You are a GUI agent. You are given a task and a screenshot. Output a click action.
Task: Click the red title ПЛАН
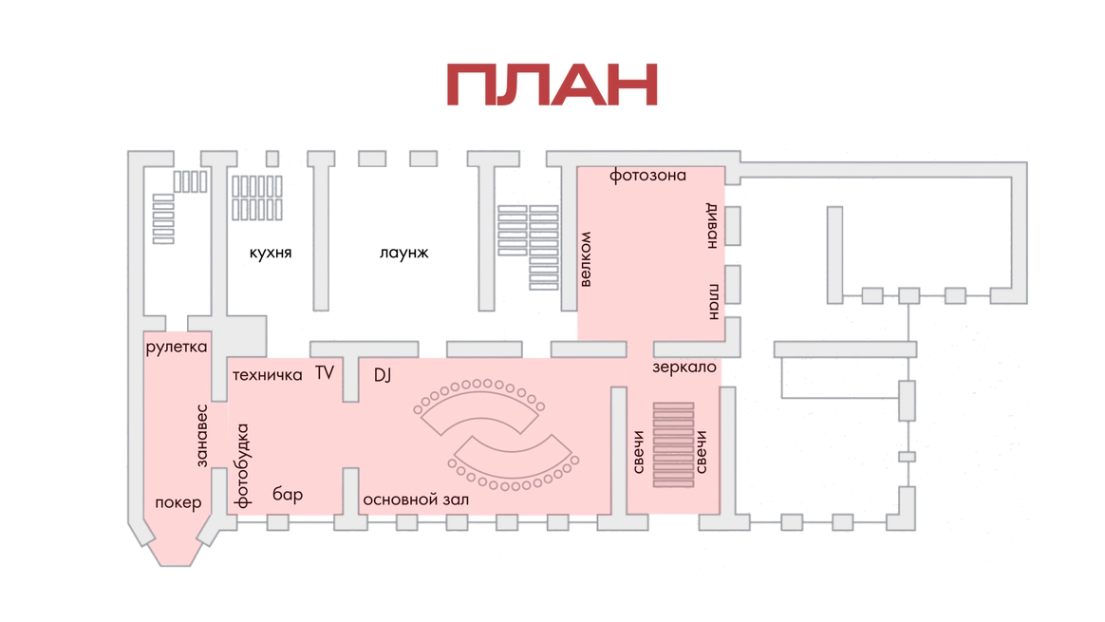click(x=552, y=85)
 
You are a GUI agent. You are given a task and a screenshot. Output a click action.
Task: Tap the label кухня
click(x=271, y=253)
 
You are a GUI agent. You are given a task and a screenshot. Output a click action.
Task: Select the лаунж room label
click(x=403, y=253)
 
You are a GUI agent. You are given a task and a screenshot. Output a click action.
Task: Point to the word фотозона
click(x=647, y=176)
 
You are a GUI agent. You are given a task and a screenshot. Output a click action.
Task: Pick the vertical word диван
click(x=710, y=225)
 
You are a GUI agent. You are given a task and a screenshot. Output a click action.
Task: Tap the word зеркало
click(x=684, y=367)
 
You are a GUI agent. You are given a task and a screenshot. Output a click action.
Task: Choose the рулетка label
click(x=177, y=348)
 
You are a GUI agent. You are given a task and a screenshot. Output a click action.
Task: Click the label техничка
click(x=268, y=375)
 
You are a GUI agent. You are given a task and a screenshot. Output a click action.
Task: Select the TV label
click(x=325, y=372)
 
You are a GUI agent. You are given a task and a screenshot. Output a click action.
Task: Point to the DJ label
click(x=383, y=375)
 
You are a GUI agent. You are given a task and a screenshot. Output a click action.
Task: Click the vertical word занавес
click(x=201, y=435)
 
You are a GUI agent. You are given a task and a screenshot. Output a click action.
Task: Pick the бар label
click(x=288, y=494)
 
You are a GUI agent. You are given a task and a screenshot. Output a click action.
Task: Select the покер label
click(x=178, y=502)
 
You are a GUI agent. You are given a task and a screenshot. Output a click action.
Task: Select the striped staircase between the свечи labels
click(x=673, y=444)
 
